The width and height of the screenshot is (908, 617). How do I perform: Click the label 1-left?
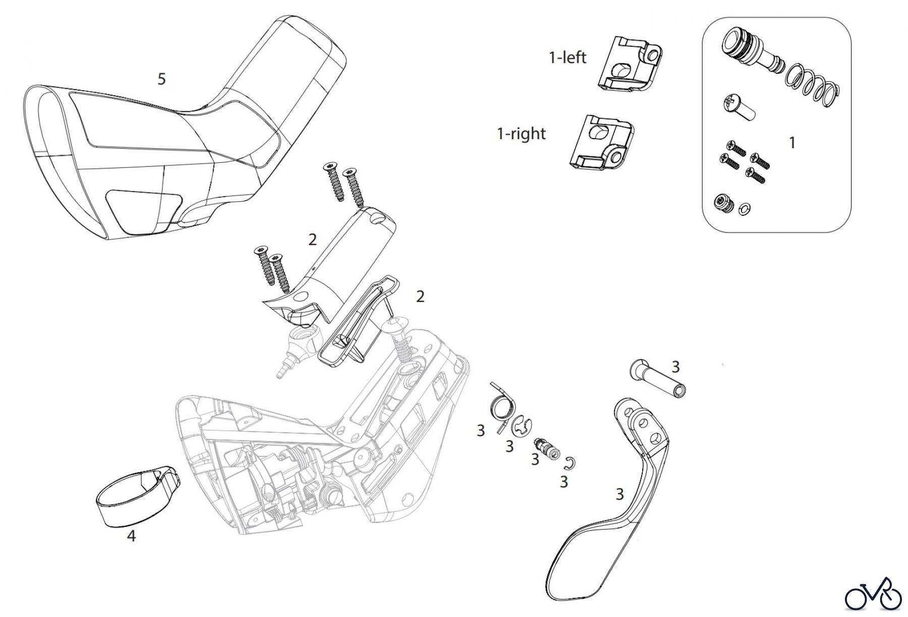567,57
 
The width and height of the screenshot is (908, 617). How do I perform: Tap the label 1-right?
521,134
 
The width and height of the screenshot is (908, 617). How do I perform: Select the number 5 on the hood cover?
161,79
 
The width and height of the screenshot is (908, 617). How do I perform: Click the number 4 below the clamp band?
131,536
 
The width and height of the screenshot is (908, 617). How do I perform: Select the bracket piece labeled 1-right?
600,141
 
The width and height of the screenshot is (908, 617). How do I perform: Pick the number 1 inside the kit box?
792,143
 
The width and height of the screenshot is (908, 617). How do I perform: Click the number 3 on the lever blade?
619,495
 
